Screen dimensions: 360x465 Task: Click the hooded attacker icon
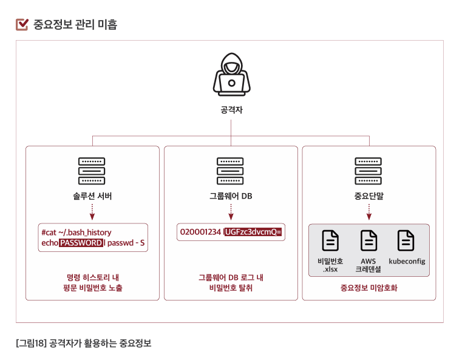click(x=231, y=76)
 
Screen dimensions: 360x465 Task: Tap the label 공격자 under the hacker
click(x=231, y=110)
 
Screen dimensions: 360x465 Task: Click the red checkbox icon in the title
click(x=22, y=24)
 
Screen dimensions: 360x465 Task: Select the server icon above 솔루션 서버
click(x=92, y=171)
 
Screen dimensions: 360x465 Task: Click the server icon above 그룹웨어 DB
click(x=231, y=171)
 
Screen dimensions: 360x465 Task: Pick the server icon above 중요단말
click(x=368, y=171)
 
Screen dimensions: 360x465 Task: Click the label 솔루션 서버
click(x=92, y=197)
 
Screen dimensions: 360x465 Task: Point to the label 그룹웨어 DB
click(x=231, y=197)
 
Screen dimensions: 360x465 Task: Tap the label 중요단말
click(x=369, y=197)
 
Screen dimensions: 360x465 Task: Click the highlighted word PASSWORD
click(x=81, y=243)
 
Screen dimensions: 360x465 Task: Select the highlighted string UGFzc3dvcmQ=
click(x=254, y=232)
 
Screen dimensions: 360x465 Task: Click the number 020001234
click(x=200, y=232)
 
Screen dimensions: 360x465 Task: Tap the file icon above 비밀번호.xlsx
click(x=330, y=241)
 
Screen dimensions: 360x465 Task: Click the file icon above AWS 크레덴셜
click(x=368, y=241)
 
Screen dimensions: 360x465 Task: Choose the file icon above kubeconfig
click(x=406, y=241)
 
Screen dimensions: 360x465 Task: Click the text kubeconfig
click(x=407, y=262)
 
